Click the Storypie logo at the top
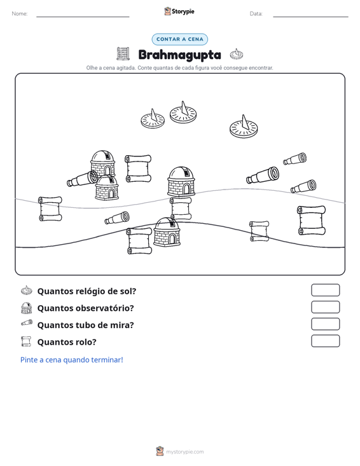pyautogui.click(x=179, y=11)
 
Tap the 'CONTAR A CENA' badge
pyautogui.click(x=179, y=39)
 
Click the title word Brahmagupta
pyautogui.click(x=179, y=55)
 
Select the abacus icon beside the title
pyautogui.click(x=123, y=54)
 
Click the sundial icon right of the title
pyautogui.click(x=237, y=54)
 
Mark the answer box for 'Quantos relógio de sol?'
pyautogui.click(x=325, y=290)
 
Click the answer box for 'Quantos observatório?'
pyautogui.click(x=325, y=307)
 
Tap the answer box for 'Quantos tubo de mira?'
pyautogui.click(x=325, y=324)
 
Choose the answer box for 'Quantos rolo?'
pyautogui.click(x=325, y=341)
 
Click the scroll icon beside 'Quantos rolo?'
pyautogui.click(x=26, y=341)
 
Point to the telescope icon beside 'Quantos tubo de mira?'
pyautogui.click(x=27, y=323)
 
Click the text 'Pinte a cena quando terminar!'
pyautogui.click(x=72, y=360)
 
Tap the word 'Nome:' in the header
pyautogui.click(x=20, y=14)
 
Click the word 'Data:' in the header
pyautogui.click(x=256, y=14)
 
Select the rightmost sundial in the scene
pyautogui.click(x=244, y=127)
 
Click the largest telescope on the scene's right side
pyautogui.click(x=263, y=175)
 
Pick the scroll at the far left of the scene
pyautogui.click(x=50, y=209)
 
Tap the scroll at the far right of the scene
pyautogui.click(x=311, y=220)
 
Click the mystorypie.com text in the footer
pyautogui.click(x=185, y=452)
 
